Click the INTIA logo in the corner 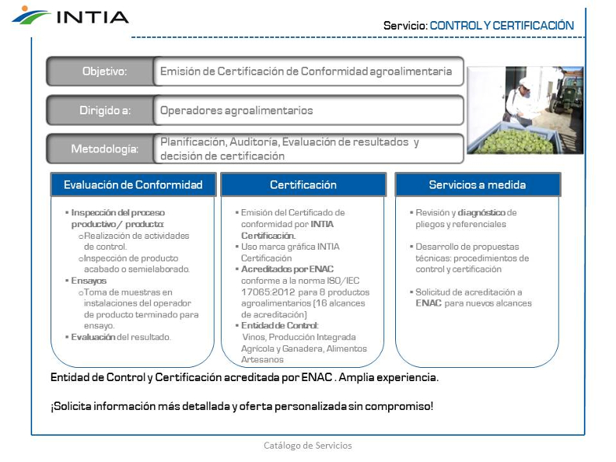70,16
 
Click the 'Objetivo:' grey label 104,71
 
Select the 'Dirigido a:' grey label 104,110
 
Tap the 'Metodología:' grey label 104,149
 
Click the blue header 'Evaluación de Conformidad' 133,184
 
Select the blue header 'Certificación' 303,184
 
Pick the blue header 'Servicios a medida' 478,184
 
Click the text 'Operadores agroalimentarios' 236,110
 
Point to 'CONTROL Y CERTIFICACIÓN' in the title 502,26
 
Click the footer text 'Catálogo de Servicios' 307,446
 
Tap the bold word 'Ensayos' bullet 89,281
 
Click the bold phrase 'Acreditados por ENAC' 287,269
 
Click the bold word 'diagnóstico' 481,213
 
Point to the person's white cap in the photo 526,82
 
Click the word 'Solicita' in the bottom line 71,406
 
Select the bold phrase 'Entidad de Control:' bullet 280,326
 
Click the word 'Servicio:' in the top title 405,26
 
